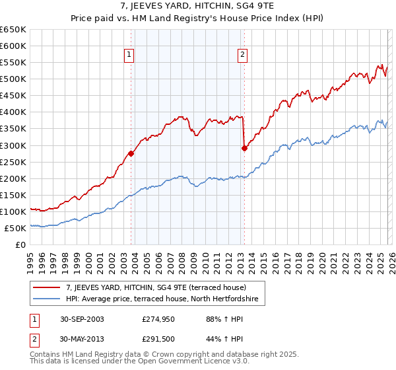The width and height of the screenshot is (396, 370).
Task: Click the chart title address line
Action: tap(197, 7)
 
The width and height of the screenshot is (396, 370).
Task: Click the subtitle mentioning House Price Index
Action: tap(197, 19)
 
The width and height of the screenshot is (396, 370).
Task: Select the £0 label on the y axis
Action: tap(21, 244)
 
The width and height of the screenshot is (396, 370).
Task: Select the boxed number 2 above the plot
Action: tap(243, 55)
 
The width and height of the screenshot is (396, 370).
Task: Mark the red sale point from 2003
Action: tap(131, 153)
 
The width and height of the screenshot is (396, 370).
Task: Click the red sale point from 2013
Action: tap(244, 148)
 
